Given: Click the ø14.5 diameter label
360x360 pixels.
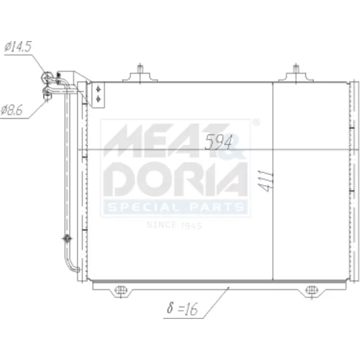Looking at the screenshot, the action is [x=18, y=46].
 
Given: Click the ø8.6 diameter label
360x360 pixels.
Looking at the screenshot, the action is [x=12, y=110].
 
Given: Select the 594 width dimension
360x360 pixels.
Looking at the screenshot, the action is [x=219, y=142].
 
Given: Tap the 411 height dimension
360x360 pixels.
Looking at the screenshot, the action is [x=266, y=181].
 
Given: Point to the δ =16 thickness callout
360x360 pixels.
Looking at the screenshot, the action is [x=182, y=308].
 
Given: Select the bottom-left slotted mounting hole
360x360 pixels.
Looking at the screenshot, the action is [x=121, y=290].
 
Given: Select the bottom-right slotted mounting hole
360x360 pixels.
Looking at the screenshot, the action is [x=312, y=290].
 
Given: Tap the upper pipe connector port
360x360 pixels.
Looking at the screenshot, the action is [x=47, y=77].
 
